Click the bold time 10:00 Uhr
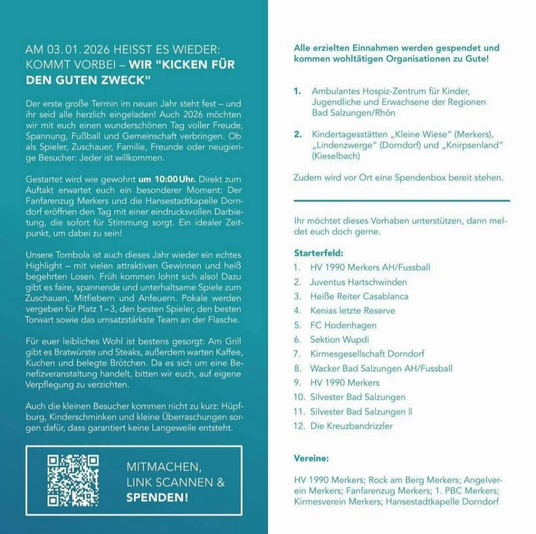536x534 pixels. click(159, 179)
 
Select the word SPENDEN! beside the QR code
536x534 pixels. click(157, 497)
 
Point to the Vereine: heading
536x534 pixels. click(311, 459)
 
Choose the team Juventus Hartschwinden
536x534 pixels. click(358, 282)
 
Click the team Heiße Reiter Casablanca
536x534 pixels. click(359, 296)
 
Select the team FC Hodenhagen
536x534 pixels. click(343, 325)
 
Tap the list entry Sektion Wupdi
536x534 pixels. click(339, 339)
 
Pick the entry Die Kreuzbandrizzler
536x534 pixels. click(351, 426)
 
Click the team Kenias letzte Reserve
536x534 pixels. click(352, 310)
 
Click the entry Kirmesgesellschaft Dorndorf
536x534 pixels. click(367, 354)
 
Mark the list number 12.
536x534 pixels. click(299, 426)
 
